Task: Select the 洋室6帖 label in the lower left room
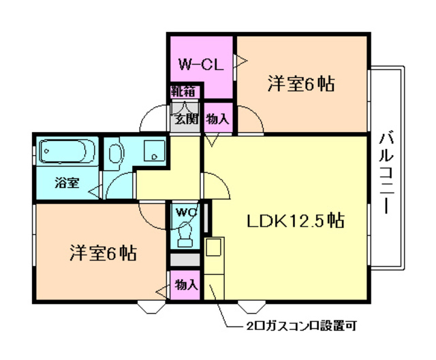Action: point(102,253)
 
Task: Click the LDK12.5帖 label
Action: point(294,220)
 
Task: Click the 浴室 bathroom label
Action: point(67,183)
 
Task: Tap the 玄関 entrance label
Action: point(185,119)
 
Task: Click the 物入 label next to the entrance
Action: point(217,119)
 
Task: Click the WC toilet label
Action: point(185,212)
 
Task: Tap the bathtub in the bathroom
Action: point(66,151)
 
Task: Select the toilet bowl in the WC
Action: point(185,235)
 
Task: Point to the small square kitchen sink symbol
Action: point(211,245)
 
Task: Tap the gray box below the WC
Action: point(185,260)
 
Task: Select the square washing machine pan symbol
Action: point(156,151)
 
